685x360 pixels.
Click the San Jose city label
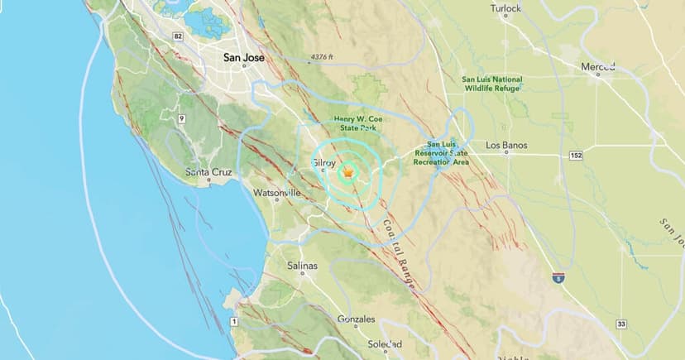244,59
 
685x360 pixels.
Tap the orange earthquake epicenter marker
349,172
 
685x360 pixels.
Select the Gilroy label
324,163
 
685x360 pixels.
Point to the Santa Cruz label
207,172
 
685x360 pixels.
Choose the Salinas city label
303,266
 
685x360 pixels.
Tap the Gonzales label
357,319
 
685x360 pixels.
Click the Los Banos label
505,146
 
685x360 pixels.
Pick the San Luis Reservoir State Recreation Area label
448,153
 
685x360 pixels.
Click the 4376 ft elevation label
323,57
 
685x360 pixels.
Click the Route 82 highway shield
178,36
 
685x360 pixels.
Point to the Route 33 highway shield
620,324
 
